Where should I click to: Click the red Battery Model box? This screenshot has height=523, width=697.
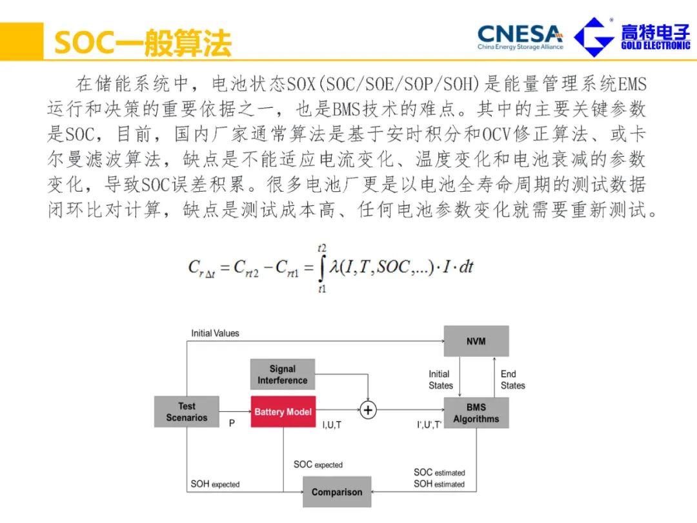(x=283, y=412)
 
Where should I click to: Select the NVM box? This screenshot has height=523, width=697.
(x=476, y=341)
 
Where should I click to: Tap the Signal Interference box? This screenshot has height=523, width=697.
(x=283, y=374)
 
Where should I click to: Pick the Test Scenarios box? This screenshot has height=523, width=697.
(x=187, y=412)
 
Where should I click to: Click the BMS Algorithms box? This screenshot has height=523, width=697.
(x=476, y=413)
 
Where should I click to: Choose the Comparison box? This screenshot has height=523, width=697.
(x=337, y=492)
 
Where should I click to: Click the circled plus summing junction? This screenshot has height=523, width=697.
(x=368, y=410)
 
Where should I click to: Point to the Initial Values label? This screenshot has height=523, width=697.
(x=215, y=333)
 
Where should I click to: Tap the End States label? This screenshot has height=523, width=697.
(x=512, y=380)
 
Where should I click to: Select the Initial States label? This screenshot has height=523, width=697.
(x=441, y=380)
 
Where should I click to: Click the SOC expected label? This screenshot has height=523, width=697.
(x=318, y=464)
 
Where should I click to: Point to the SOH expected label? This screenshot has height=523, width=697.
(x=215, y=484)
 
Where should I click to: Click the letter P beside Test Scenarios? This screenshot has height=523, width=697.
(x=232, y=424)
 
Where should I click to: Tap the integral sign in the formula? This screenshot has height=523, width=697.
(x=321, y=267)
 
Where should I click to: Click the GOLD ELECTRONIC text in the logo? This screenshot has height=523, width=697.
(x=655, y=46)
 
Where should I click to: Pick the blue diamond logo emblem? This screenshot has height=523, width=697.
(x=594, y=37)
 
